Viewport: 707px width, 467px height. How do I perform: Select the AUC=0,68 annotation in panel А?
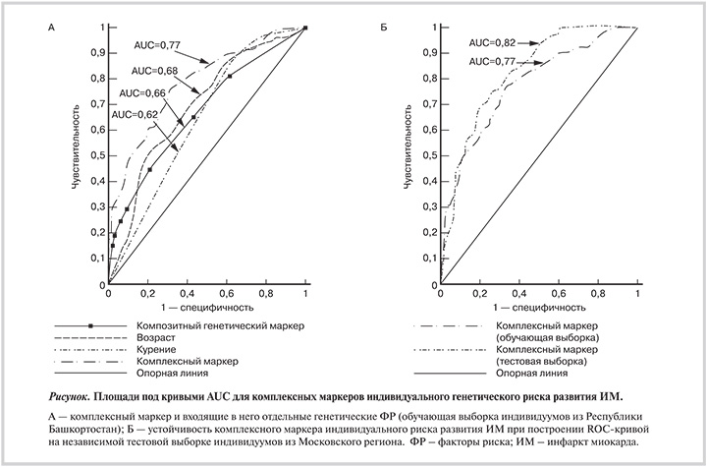pos(151,70)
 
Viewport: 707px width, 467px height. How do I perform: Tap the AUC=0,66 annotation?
pos(142,92)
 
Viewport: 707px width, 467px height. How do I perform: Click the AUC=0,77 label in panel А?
pos(156,44)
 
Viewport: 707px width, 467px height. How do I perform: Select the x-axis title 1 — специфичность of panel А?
pos(206,308)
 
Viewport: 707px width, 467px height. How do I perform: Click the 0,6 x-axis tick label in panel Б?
pos(559,294)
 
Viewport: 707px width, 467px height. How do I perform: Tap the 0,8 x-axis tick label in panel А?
pos(266,294)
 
